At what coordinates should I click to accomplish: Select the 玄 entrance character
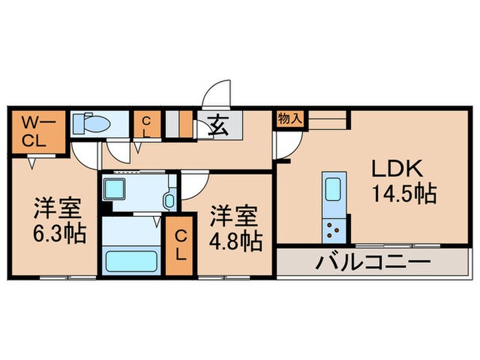pyautogui.click(x=218, y=125)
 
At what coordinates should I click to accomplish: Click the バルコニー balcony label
pyautogui.click(x=373, y=262)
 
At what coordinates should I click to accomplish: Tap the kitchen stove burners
pyautogui.click(x=334, y=230)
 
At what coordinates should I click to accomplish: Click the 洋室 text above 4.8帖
pyautogui.click(x=234, y=214)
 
